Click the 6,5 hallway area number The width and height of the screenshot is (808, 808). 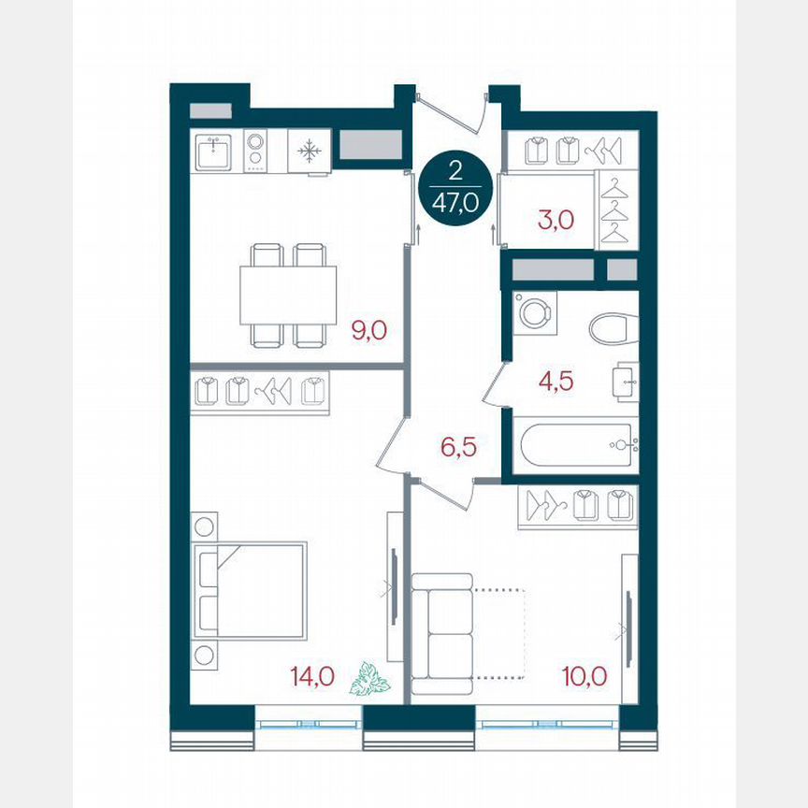(x=457, y=446)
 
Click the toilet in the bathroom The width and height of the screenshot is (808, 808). (x=613, y=328)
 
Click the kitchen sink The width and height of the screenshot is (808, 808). (x=217, y=151)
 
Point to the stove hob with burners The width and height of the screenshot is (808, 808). (x=255, y=151)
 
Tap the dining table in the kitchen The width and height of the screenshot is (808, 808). (x=287, y=296)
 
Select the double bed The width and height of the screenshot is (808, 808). (x=251, y=590)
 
